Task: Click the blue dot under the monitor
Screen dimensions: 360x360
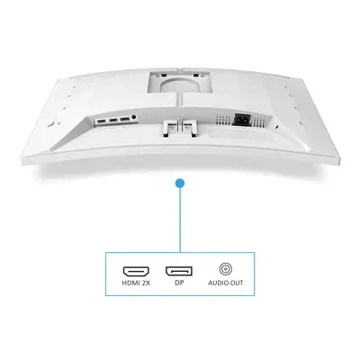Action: (x=180, y=184)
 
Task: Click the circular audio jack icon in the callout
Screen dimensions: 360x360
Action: (x=226, y=268)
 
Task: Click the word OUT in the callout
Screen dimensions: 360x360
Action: (x=237, y=287)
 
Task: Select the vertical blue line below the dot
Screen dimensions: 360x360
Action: (x=180, y=220)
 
